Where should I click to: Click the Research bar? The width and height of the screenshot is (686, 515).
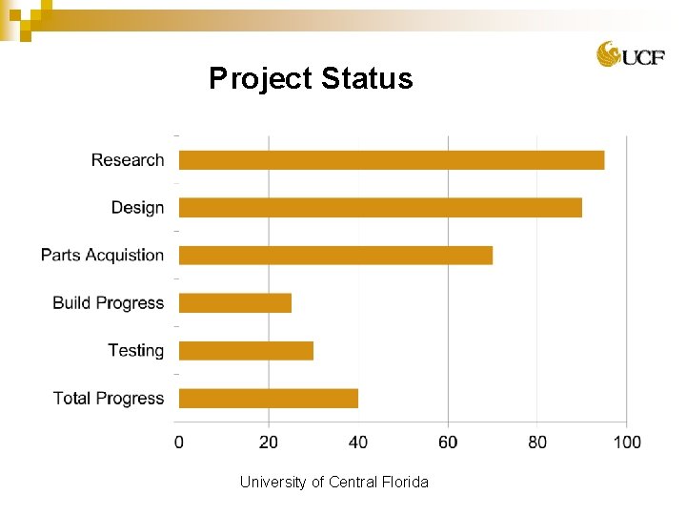392,160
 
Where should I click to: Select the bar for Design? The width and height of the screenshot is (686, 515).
380,208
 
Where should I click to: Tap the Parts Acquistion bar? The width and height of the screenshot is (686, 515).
335,256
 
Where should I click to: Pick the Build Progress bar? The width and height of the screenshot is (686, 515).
235,303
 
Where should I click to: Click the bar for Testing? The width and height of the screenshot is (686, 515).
246,351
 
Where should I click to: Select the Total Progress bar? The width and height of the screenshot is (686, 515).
269,399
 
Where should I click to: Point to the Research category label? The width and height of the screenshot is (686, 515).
128,160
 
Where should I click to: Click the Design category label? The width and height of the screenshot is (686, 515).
137,208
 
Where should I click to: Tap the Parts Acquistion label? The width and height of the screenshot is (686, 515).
102,256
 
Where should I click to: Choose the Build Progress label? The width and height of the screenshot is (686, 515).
108,303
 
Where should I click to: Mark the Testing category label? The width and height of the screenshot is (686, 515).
135,351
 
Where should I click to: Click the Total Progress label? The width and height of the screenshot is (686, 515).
108,399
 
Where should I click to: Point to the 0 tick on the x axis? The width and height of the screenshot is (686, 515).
179,442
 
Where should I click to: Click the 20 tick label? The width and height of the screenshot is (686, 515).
269,442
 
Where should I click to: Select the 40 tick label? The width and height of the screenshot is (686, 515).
358,442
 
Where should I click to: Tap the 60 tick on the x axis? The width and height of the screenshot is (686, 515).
448,442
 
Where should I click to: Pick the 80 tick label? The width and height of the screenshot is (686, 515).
537,442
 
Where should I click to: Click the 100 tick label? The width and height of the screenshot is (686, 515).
627,442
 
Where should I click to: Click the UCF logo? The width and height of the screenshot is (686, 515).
624,54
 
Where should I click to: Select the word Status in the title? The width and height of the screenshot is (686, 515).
367,78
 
